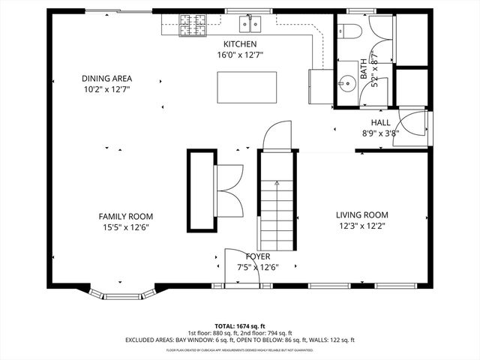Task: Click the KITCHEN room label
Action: pyautogui.click(x=240, y=44)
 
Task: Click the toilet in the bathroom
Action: pyautogui.click(x=349, y=30)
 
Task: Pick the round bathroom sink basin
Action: pyautogui.click(x=346, y=83)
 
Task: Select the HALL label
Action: pyautogui.click(x=380, y=123)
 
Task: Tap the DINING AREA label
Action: pyautogui.click(x=106, y=78)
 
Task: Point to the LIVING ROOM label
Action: pyautogui.click(x=361, y=215)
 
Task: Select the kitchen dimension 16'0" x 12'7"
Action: pyautogui.click(x=240, y=55)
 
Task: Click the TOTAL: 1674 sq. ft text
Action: pyautogui.click(x=240, y=326)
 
